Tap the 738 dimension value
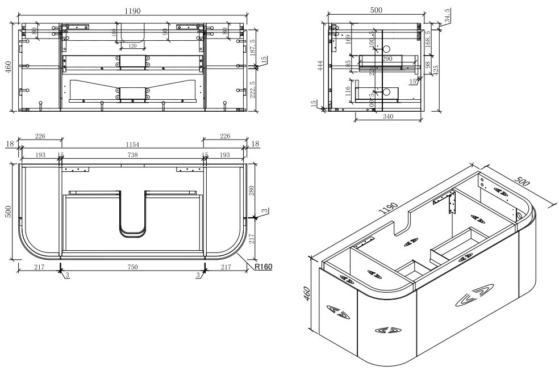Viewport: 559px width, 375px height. [x=132, y=155]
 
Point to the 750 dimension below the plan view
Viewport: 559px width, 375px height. [x=132, y=266]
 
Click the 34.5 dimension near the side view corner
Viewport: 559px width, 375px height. [x=447, y=16]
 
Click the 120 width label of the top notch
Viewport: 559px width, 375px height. [x=132, y=46]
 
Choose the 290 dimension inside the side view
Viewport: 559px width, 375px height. [x=388, y=59]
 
